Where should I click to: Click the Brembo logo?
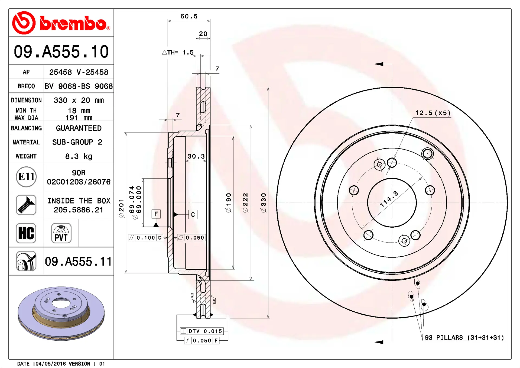tap(61, 23)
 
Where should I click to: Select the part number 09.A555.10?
tap(61, 51)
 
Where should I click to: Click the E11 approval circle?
tap(26, 177)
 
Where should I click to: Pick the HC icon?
tap(26, 233)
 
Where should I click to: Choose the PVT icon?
tap(61, 233)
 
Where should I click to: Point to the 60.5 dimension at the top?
tap(189, 16)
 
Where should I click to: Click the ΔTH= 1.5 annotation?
tap(178, 52)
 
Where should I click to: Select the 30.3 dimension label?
tap(196, 156)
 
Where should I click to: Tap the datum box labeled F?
tap(156, 214)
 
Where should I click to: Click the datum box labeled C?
tap(193, 215)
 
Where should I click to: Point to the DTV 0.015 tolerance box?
tap(202, 331)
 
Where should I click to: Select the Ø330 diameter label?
tap(264, 203)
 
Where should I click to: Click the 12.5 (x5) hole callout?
tap(433, 113)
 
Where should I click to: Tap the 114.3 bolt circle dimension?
tap(389, 199)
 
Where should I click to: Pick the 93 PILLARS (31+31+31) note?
tap(464, 337)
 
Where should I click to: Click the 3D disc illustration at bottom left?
tap(61, 313)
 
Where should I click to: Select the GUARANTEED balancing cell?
tap(79, 128)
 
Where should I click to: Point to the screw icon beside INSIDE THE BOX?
tap(26, 205)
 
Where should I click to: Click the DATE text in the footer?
tap(24, 364)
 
